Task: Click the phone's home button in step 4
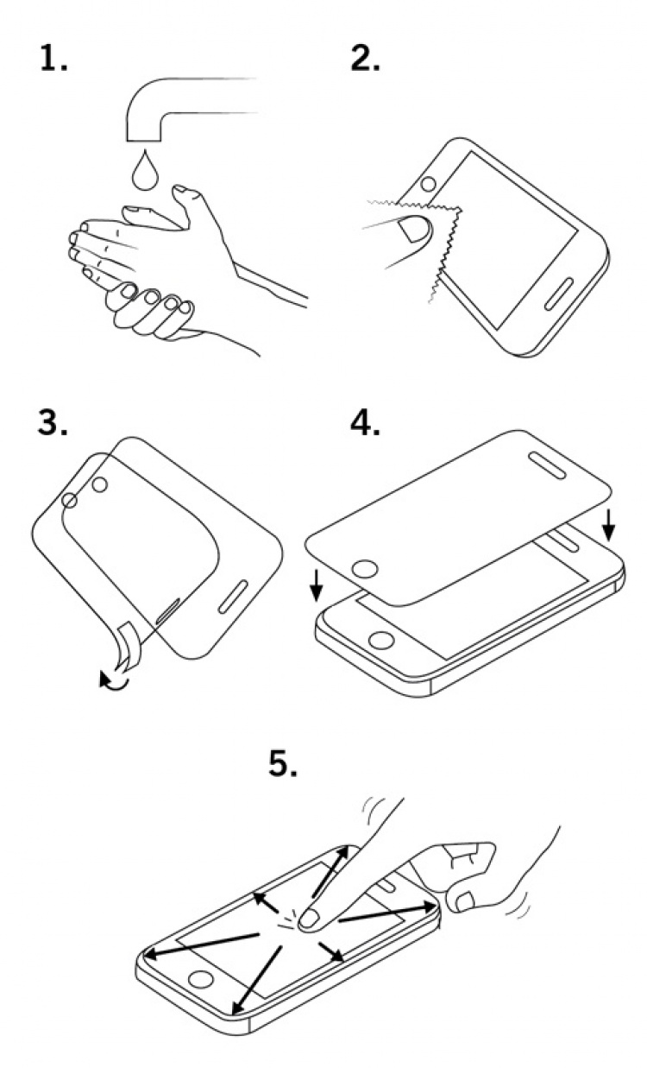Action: coord(380,641)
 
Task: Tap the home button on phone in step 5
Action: coord(200,979)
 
